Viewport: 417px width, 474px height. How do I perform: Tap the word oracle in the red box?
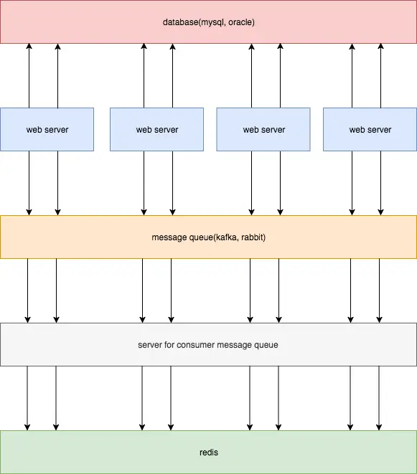(240, 22)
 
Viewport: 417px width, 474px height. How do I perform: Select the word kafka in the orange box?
(226, 237)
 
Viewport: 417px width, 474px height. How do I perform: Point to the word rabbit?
(252, 237)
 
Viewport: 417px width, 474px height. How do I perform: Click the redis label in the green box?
(209, 452)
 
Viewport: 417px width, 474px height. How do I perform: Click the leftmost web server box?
(47, 129)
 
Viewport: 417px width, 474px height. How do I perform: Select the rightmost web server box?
(370, 129)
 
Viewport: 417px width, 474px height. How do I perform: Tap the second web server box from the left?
(156, 129)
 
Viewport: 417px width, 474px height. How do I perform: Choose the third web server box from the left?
(263, 129)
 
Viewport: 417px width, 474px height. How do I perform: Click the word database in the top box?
(180, 22)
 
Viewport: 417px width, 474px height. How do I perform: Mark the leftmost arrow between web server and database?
(29, 75)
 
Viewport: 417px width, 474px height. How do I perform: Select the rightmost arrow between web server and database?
(380, 75)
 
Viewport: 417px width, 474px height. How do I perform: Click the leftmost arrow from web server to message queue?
(29, 183)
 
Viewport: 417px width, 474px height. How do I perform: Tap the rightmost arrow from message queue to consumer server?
(379, 291)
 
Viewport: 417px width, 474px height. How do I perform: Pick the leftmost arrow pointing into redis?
(27, 399)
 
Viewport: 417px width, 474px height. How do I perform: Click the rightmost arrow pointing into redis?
(379, 399)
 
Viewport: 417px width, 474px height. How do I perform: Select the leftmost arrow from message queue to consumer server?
(27, 291)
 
